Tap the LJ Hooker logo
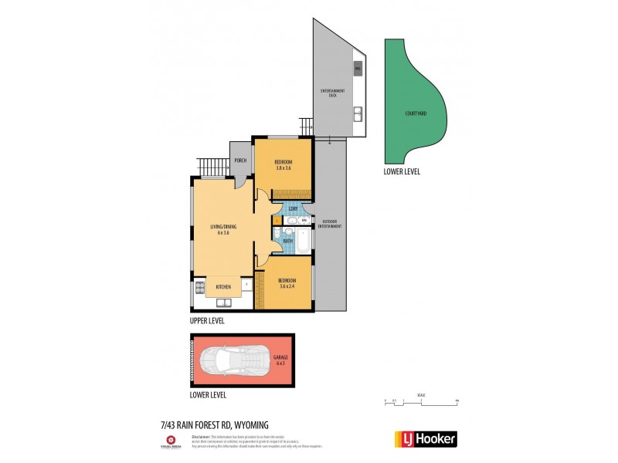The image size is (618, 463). coord(426,438)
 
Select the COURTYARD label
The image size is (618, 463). coord(415,113)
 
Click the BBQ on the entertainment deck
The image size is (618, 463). coord(357,69)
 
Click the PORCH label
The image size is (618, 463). coord(240,161)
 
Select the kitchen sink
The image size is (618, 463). coord(222,287)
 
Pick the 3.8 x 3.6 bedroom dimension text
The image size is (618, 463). coord(284,167)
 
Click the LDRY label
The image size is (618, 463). coord(293,208)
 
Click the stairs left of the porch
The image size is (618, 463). coord(210,166)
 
